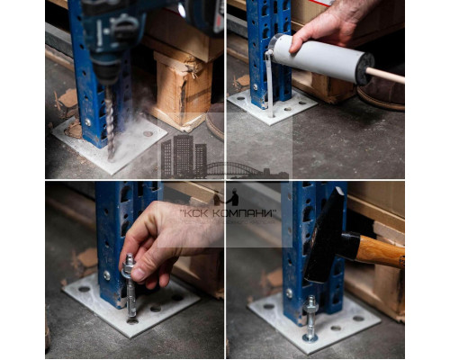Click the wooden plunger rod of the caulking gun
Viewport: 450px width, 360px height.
(x=385, y=76)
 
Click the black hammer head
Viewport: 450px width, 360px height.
(x=326, y=236)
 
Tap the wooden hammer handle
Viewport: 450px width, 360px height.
(x=381, y=251)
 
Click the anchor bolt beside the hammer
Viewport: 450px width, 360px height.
(x=310, y=319)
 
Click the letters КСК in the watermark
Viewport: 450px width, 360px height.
(x=194, y=213)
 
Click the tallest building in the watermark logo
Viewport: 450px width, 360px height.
(x=183, y=157)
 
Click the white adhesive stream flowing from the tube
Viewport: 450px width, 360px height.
(x=269, y=84)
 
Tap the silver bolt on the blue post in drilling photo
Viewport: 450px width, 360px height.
(x=87, y=122)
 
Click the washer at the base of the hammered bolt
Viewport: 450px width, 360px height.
(x=310, y=337)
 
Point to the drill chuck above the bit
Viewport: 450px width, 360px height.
(x=105, y=72)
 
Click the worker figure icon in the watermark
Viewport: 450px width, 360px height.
(x=233, y=197)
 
